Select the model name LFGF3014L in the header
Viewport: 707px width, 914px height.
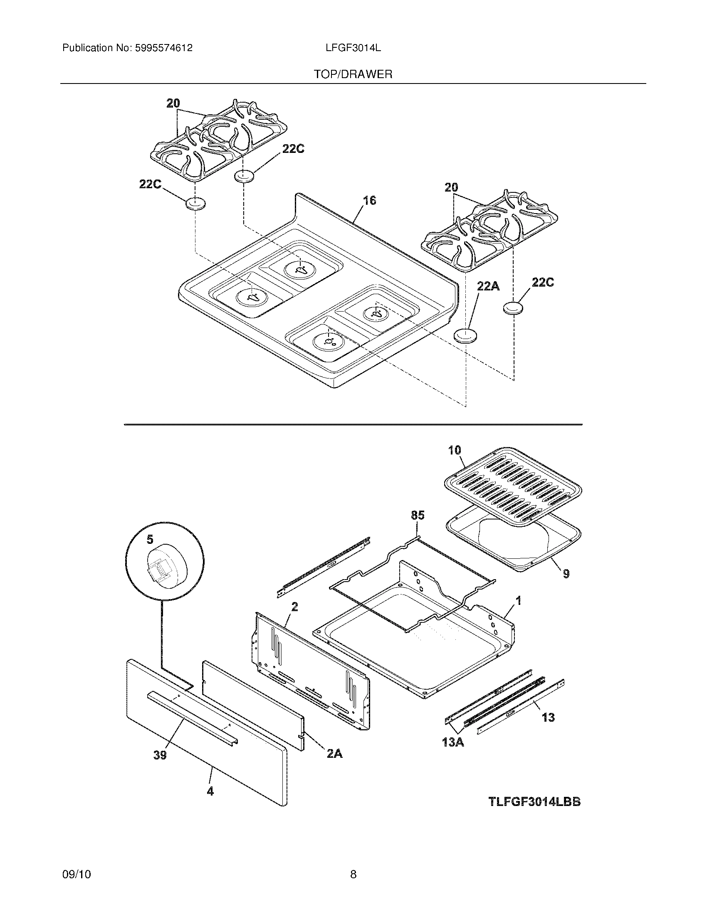pos(353,48)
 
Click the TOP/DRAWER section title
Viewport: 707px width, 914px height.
pos(353,74)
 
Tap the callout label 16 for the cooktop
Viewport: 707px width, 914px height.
pos(369,201)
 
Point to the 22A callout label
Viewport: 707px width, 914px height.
pos(488,286)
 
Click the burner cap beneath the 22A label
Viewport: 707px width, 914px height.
pos(465,336)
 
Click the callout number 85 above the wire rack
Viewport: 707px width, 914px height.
pos(418,515)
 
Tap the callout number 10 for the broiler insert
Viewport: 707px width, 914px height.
pos(455,450)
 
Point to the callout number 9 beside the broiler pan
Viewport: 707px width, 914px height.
pos(566,574)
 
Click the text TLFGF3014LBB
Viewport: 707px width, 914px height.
pos(534,802)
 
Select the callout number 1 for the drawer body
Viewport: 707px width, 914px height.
pos(518,601)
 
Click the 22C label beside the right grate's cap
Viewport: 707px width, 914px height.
pos(543,283)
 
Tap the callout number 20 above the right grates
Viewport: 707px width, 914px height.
pos(451,187)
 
